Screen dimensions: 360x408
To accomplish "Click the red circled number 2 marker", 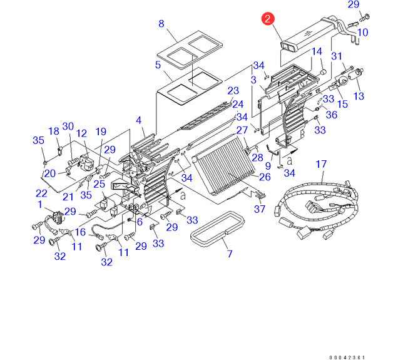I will coord(268,19).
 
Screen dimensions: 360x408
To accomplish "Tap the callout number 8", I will coord(161,24).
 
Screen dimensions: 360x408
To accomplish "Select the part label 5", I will coord(158,64).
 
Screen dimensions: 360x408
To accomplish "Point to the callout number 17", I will coord(320,165).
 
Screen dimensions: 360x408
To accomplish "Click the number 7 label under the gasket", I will coord(229,254).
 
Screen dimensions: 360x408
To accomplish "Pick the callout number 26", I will coord(264,177).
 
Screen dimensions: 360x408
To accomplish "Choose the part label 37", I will coord(259,210).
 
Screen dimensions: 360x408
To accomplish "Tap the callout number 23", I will coord(233,91).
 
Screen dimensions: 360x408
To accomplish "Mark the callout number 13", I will coord(359,96).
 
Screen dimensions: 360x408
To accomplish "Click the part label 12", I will coord(81,133).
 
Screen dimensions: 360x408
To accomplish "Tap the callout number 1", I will coord(39,204).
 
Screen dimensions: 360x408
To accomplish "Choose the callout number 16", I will coord(80,232).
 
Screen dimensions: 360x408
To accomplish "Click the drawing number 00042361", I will coord(347,357).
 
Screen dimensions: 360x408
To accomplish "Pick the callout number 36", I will coord(332,115).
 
